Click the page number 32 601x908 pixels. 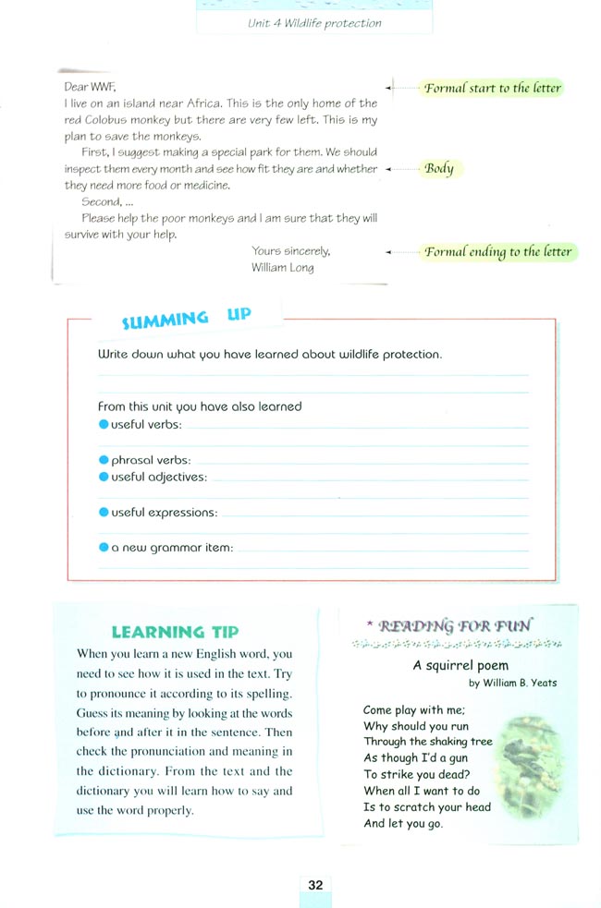[315, 884]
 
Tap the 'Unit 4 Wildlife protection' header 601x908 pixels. [314, 23]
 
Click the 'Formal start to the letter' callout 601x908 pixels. [493, 89]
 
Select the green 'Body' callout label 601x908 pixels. [439, 169]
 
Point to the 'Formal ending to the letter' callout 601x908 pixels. [498, 252]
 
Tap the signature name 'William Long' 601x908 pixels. [282, 268]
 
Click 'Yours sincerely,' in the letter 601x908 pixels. [290, 251]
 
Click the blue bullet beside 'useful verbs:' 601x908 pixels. [104, 425]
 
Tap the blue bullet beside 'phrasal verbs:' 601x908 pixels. [104, 460]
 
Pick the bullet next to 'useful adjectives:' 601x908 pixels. [104, 478]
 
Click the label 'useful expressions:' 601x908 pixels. [165, 513]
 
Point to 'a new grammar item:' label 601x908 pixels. [172, 548]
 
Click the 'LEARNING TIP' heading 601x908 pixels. [175, 633]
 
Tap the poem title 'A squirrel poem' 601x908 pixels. [460, 665]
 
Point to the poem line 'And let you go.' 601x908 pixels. [403, 824]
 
